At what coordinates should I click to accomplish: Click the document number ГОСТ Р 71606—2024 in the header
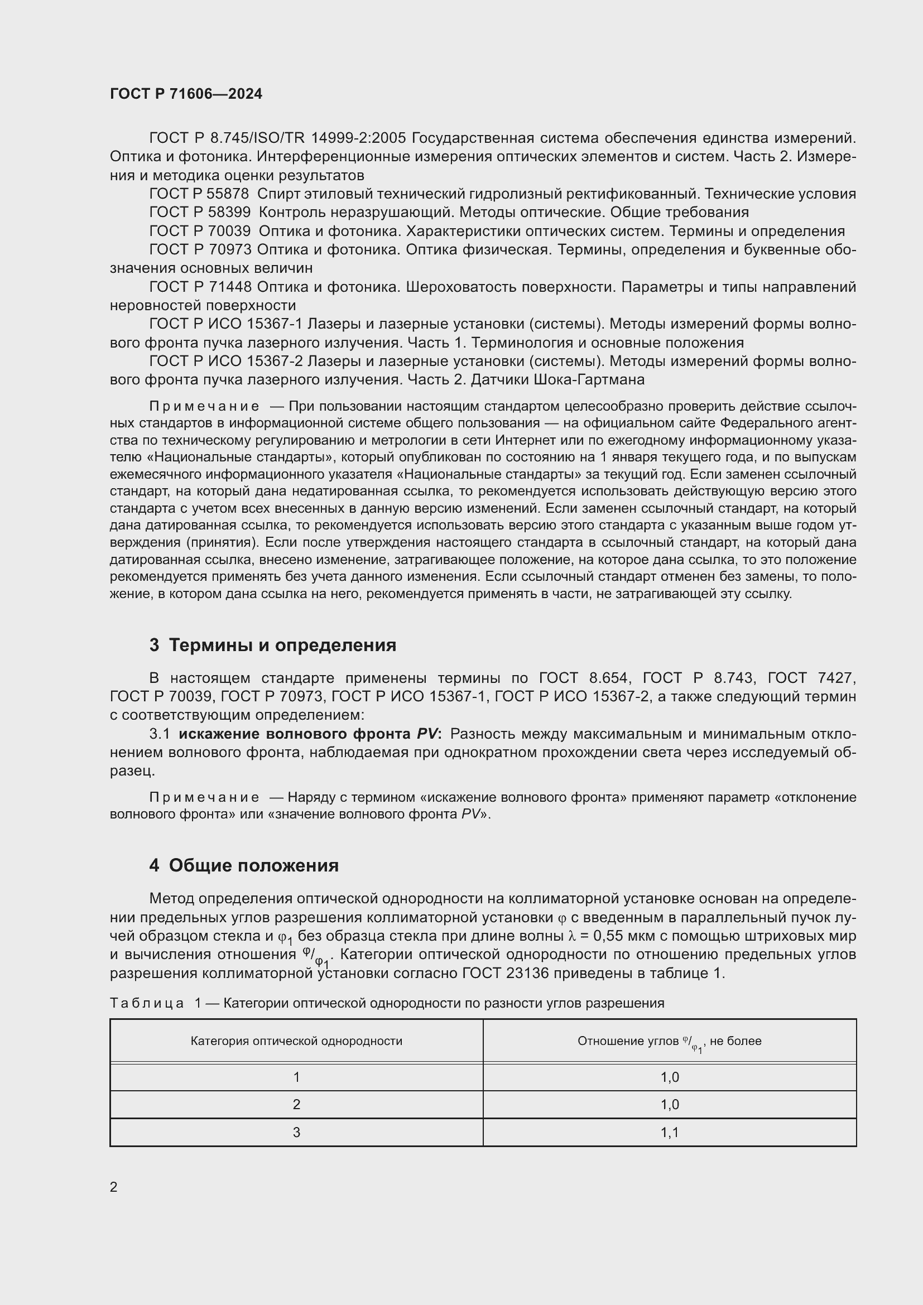click(186, 94)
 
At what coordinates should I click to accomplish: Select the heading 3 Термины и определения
click(273, 645)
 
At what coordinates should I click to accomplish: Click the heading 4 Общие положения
click(244, 866)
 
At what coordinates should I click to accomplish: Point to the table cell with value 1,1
click(670, 1132)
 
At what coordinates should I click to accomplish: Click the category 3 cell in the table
click(296, 1132)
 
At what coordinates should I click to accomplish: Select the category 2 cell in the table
click(296, 1104)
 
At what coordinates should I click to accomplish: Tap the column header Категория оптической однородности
click(296, 1041)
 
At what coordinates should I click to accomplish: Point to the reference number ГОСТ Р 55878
click(199, 194)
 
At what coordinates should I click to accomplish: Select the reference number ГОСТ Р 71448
click(200, 287)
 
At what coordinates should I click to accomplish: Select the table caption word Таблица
click(147, 1003)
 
